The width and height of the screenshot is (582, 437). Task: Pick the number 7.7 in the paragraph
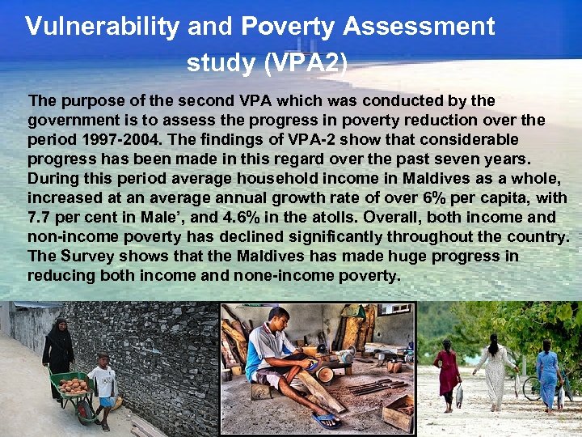pyautogui.click(x=40, y=217)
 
